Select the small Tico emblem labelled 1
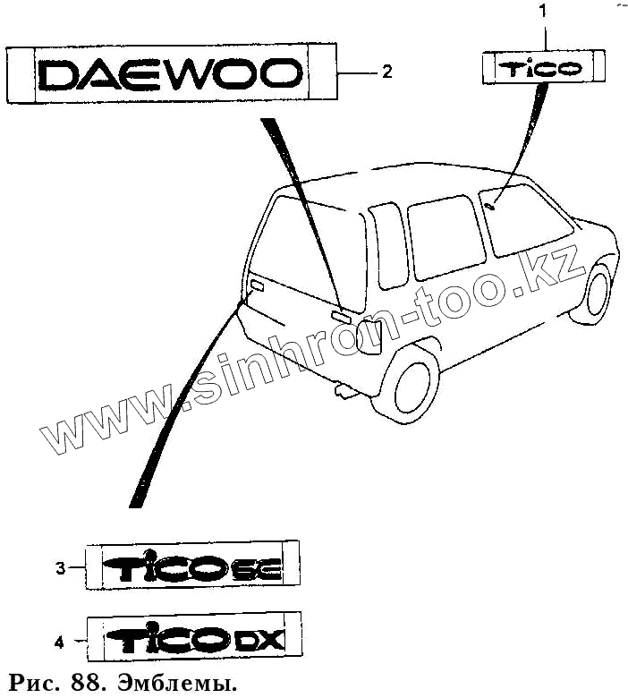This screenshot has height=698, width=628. (544, 68)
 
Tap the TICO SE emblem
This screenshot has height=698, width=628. (193, 566)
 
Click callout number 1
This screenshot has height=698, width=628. (543, 12)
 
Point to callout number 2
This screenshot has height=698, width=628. (386, 72)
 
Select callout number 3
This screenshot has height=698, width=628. (60, 567)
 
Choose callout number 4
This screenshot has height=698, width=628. (60, 642)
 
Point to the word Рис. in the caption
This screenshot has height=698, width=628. (36, 685)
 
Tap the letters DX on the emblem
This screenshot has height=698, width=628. (259, 640)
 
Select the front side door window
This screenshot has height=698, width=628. (526, 220)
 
